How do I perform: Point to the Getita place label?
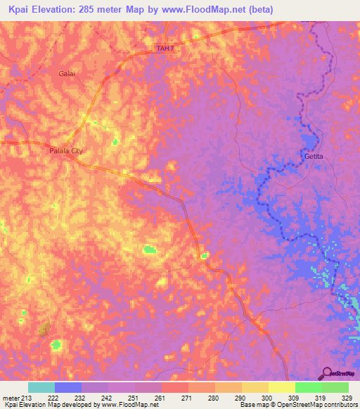click(x=314, y=156)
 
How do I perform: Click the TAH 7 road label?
click(x=163, y=48)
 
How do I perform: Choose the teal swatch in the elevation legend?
click(x=41, y=387)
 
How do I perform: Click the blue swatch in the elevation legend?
click(x=67, y=387)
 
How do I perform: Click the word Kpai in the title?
click(x=21, y=10)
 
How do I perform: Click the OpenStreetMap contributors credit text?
click(x=309, y=405)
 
